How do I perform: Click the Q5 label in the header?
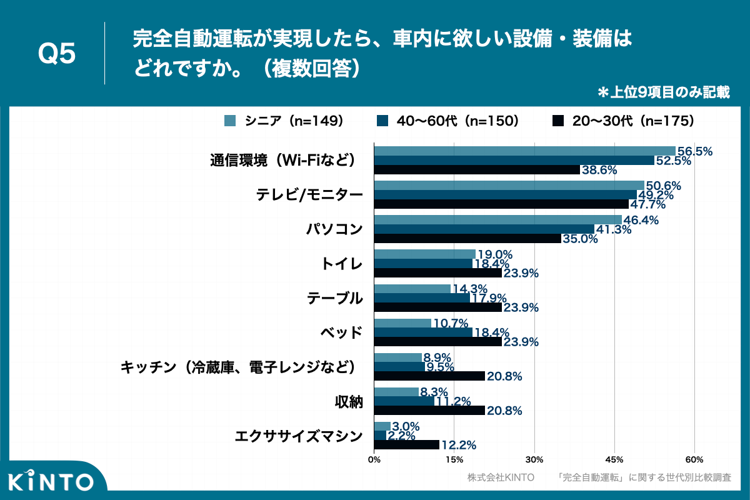(57, 54)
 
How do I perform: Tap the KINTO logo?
(51, 481)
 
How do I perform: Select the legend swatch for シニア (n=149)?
(229, 121)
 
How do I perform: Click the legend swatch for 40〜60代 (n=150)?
(383, 121)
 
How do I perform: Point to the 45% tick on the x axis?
(614, 459)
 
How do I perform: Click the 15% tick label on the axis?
(454, 459)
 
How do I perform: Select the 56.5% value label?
(695, 151)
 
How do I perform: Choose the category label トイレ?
(341, 264)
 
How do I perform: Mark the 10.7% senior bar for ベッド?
(402, 323)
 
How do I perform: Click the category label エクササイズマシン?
(299, 436)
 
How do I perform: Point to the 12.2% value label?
(459, 445)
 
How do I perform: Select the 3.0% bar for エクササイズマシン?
(382, 426)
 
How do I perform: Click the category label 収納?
(349, 401)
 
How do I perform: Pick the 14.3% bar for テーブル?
(412, 289)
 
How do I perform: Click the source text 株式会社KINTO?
(501, 477)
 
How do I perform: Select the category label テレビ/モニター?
(309, 195)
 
